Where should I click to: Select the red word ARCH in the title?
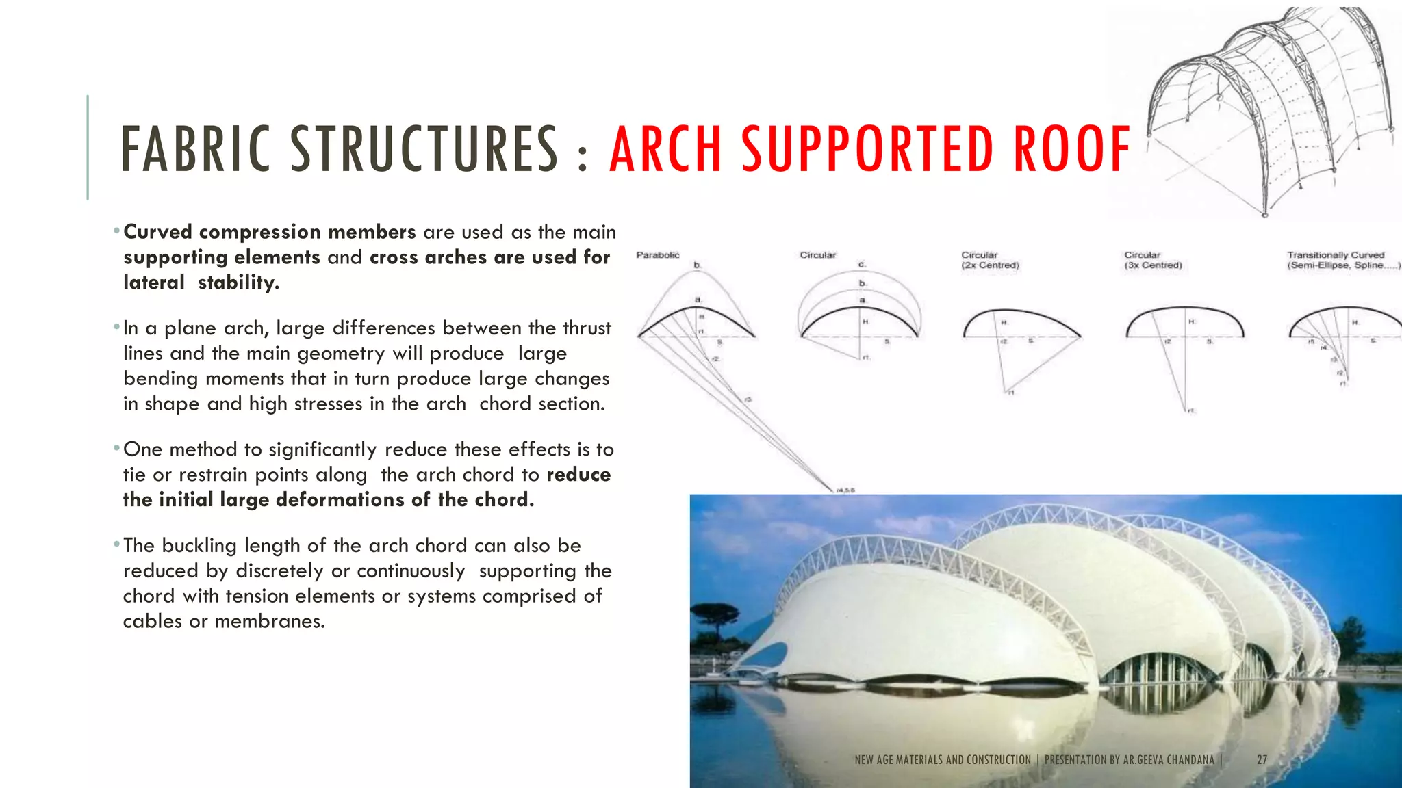pyautogui.click(x=665, y=148)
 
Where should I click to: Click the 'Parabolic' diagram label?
pyautogui.click(x=658, y=255)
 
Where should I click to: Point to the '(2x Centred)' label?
pyautogui.click(x=990, y=265)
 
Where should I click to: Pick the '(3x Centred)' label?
pyautogui.click(x=1153, y=265)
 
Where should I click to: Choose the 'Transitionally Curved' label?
pyautogui.click(x=1336, y=255)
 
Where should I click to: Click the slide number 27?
pyautogui.click(x=1262, y=759)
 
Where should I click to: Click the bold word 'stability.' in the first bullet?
pyautogui.click(x=238, y=283)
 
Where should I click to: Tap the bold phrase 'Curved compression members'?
pyautogui.click(x=269, y=232)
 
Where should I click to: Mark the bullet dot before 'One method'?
pyautogui.click(x=117, y=449)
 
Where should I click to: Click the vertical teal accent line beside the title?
pyautogui.click(x=88, y=147)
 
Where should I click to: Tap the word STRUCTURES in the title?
pyautogui.click(x=424, y=148)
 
